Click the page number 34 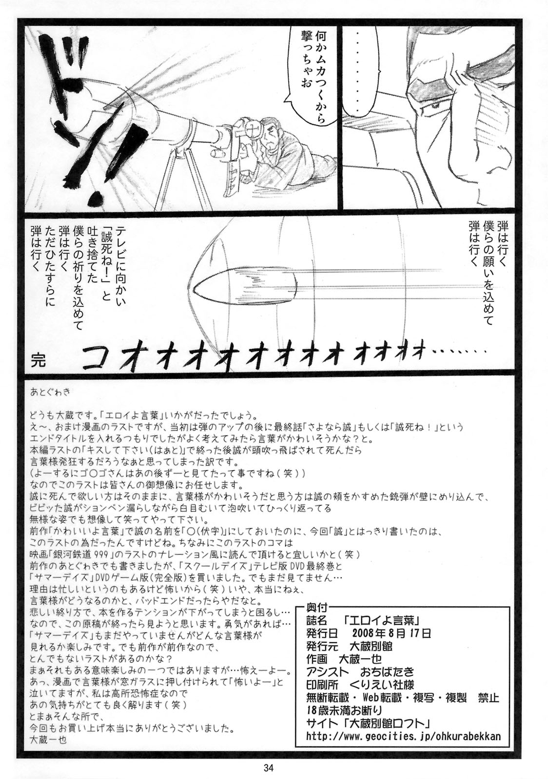(x=268, y=768)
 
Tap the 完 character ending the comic (x=37, y=361)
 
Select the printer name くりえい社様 (x=391, y=684)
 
